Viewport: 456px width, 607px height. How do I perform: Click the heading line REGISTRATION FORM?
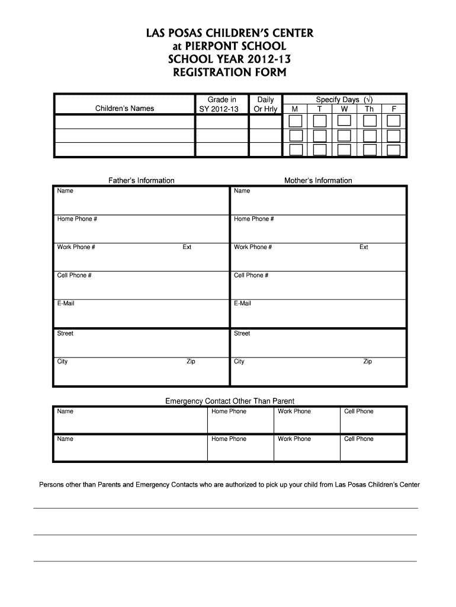tap(228, 73)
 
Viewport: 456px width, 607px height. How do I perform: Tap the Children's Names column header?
tap(124, 108)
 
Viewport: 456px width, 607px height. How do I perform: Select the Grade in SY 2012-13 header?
tap(221, 104)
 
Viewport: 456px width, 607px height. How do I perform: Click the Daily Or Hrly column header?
tap(265, 104)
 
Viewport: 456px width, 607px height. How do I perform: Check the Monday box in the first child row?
tap(295, 122)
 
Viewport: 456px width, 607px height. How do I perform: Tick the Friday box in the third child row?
tap(394, 150)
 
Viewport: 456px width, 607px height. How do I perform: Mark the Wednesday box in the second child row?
tap(345, 136)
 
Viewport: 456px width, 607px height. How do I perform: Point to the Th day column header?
tap(369, 109)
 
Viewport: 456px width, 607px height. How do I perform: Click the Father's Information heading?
tap(141, 180)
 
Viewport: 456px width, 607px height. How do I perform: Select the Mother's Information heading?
tap(318, 180)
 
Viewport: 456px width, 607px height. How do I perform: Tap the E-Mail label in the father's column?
tap(66, 303)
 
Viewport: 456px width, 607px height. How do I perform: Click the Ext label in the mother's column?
tap(364, 247)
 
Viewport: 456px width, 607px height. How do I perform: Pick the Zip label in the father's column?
tap(191, 362)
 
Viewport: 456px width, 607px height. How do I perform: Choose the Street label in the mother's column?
tap(242, 333)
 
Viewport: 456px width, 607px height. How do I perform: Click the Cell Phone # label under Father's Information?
tap(74, 276)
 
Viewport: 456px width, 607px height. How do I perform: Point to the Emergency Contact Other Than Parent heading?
tap(229, 401)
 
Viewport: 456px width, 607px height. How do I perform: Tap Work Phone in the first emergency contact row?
tap(294, 411)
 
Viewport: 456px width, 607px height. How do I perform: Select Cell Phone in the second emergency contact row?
tap(359, 439)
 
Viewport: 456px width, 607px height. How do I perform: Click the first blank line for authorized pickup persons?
tap(225, 507)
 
